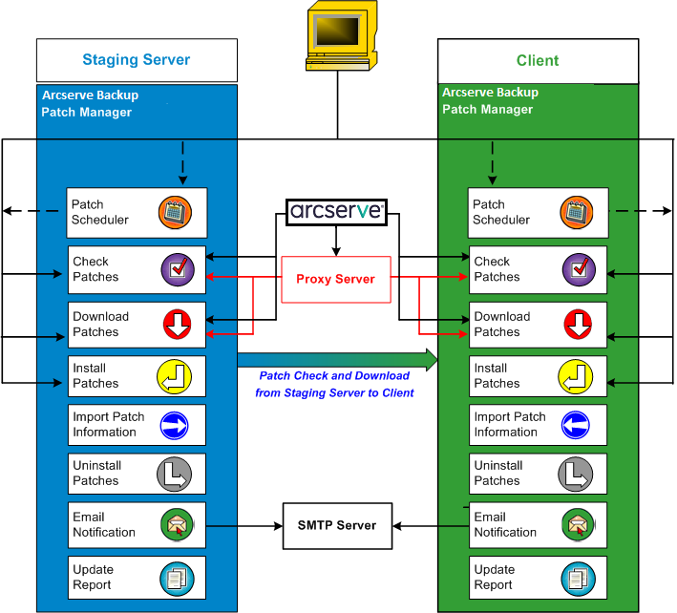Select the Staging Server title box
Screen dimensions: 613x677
tap(136, 60)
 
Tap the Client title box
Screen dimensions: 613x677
tap(538, 60)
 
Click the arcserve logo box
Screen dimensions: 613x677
tap(336, 212)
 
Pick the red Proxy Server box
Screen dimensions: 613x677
tap(336, 279)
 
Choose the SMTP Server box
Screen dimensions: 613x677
tap(337, 525)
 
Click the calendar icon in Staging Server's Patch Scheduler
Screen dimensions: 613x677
tap(175, 212)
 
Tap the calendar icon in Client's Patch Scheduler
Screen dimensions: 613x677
tap(576, 212)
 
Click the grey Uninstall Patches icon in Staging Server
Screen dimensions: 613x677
tap(175, 474)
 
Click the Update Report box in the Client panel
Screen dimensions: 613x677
tap(538, 578)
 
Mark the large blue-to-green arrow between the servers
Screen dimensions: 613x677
tap(337, 359)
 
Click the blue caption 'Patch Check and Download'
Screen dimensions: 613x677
tap(334, 376)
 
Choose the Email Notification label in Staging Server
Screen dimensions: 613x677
tap(104, 525)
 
